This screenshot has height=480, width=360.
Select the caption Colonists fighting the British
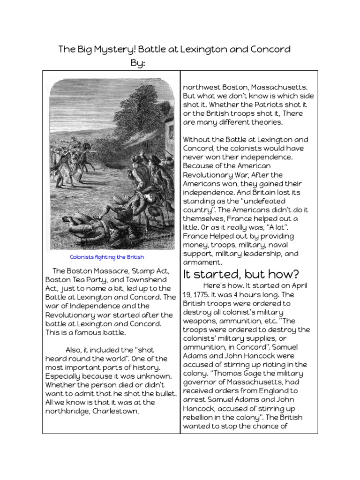[x=107, y=257]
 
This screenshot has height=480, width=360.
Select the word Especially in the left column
[x=65, y=376]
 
